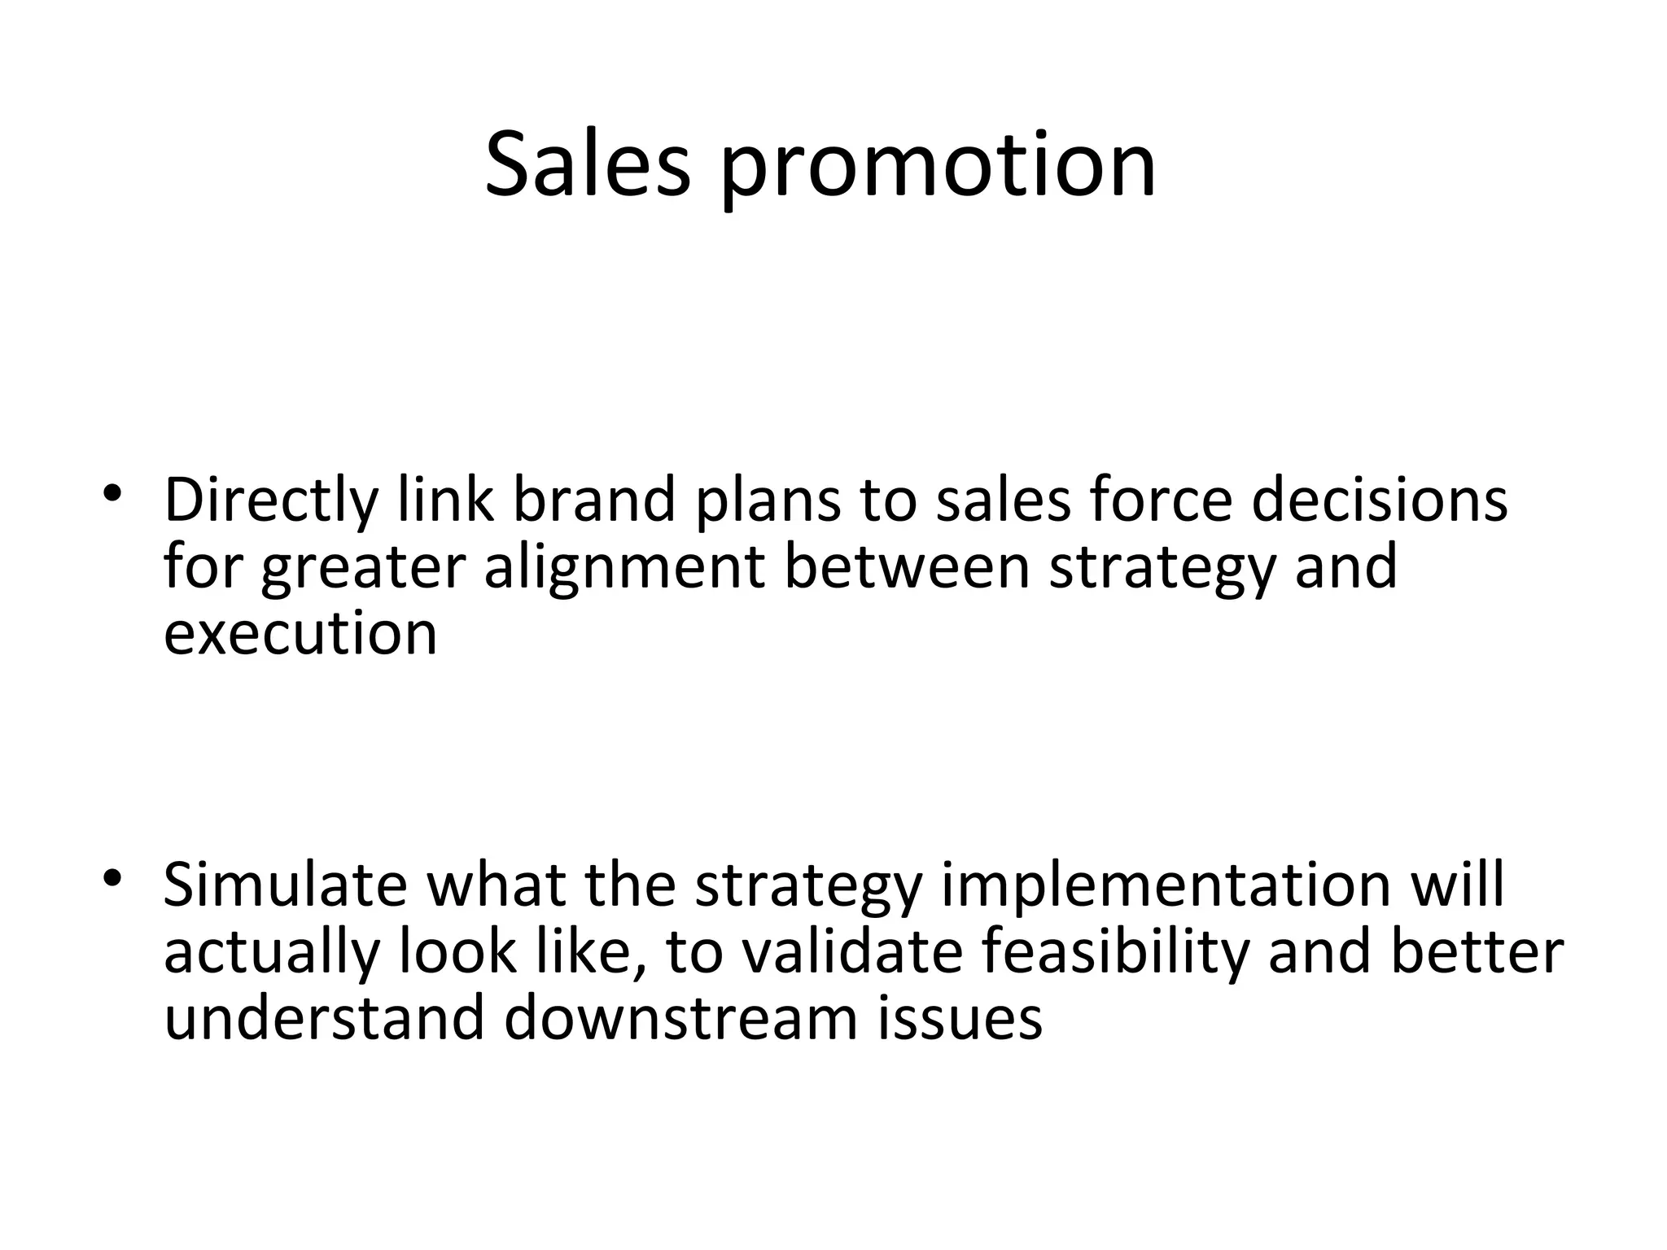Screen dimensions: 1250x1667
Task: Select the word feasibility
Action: pos(1115,955)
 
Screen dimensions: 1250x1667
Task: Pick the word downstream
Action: pos(681,1018)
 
